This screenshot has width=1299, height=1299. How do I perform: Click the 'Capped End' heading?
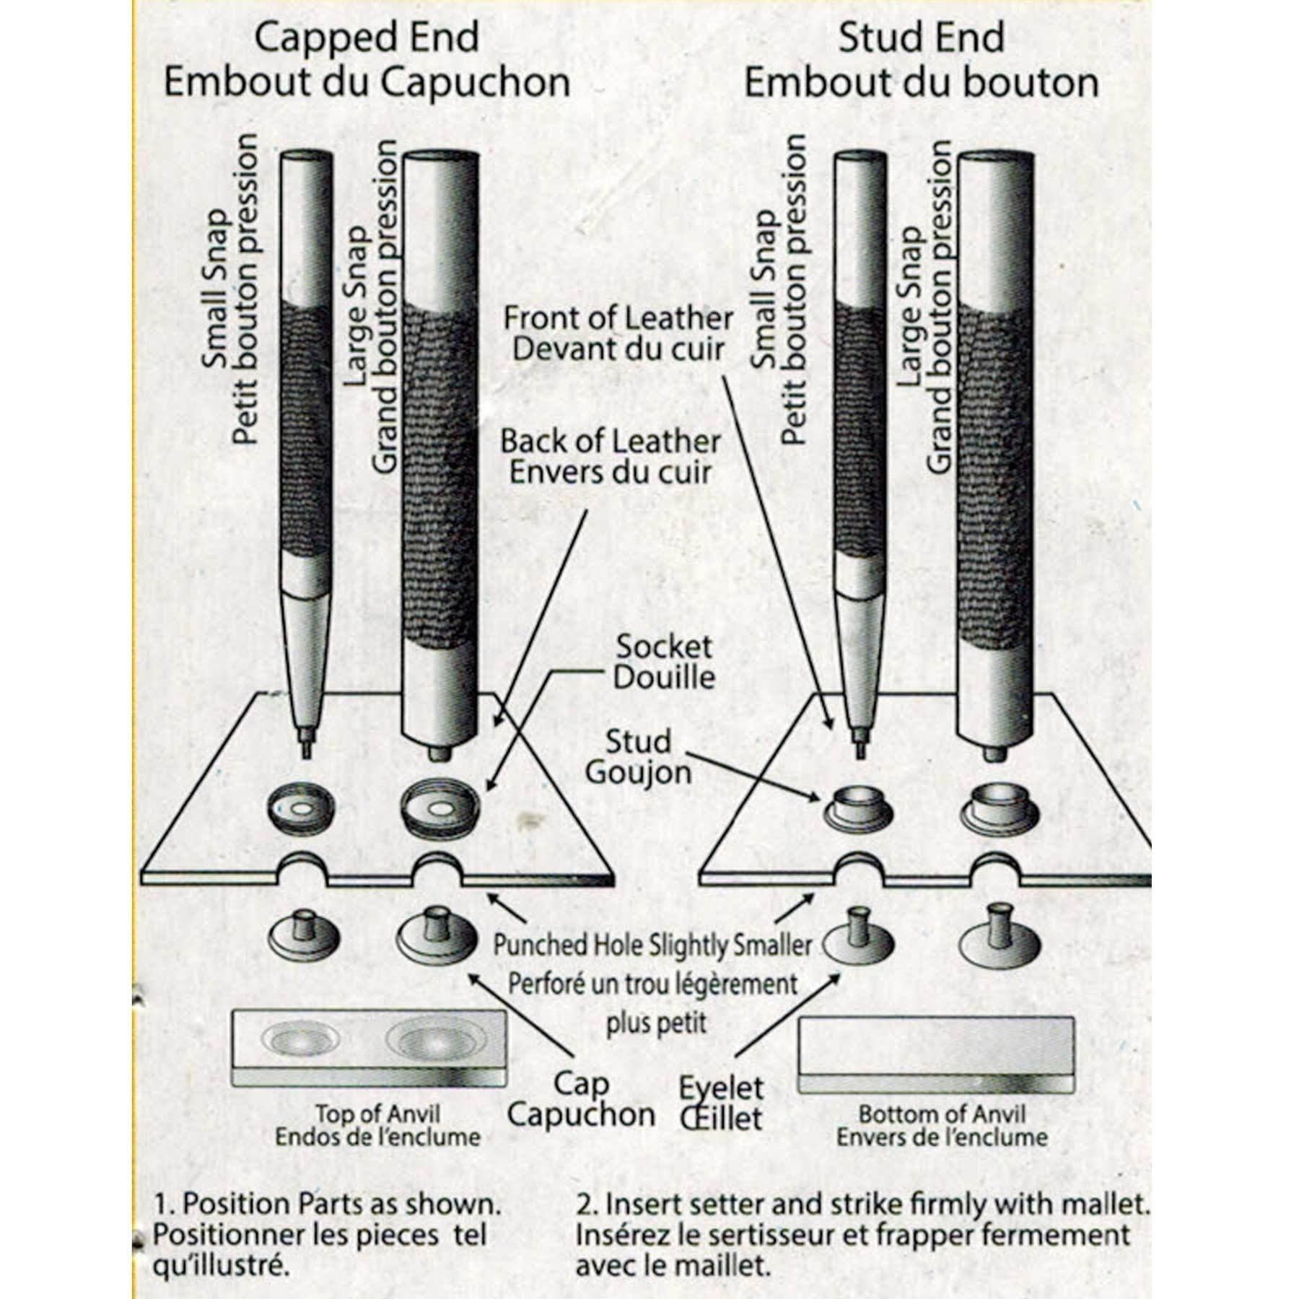pos(367,38)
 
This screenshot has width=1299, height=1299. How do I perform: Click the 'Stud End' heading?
pos(921,38)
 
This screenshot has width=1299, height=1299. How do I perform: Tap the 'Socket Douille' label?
pos(663,662)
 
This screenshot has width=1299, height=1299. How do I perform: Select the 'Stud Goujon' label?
pos(638,756)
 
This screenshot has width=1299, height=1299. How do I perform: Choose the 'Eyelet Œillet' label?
pos(721,1103)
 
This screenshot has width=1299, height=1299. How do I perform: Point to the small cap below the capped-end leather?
pos(304,935)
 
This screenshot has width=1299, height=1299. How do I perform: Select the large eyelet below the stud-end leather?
pos(1000,939)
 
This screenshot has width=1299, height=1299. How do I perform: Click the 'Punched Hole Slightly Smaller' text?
pos(652,945)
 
